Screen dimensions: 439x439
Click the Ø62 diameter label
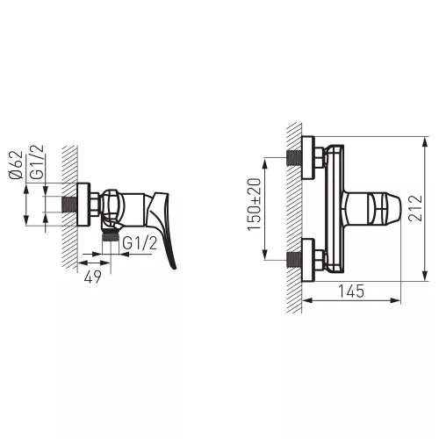click(x=16, y=165)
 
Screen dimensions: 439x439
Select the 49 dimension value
click(x=93, y=277)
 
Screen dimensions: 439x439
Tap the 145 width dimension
click(x=351, y=291)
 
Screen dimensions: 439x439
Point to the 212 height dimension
click(x=415, y=208)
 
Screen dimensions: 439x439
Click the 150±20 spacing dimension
click(x=254, y=205)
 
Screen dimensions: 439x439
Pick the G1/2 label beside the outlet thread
click(x=140, y=243)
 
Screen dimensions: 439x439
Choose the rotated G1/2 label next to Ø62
click(x=37, y=162)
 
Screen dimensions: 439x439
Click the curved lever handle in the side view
click(x=162, y=228)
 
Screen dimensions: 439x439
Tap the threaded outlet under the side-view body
click(x=111, y=235)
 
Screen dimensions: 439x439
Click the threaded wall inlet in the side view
click(x=69, y=205)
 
